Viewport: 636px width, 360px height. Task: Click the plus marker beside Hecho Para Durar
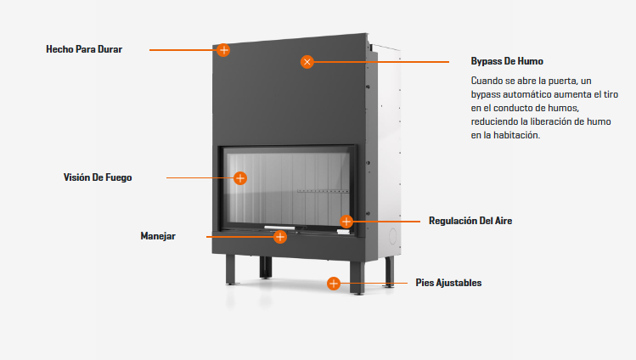click(223, 50)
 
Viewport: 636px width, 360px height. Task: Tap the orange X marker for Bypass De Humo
click(307, 62)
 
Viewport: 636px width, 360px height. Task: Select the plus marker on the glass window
click(240, 178)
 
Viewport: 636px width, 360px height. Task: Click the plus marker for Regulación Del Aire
click(346, 222)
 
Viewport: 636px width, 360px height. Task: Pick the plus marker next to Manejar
click(280, 237)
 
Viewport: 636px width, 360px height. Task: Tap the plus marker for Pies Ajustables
click(334, 284)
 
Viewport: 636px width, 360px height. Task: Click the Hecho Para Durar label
click(84, 49)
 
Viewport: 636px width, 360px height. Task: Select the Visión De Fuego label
click(98, 177)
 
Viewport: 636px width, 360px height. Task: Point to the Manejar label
click(158, 236)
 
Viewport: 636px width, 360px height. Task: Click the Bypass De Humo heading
click(507, 61)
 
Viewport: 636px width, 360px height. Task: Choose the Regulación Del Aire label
click(470, 221)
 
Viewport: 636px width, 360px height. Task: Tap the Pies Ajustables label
click(448, 283)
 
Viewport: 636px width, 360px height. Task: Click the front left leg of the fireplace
click(230, 270)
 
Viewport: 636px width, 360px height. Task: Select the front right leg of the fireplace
click(357, 278)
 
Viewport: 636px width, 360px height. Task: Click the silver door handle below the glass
click(280, 228)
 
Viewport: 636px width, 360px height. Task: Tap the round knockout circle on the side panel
click(392, 236)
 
